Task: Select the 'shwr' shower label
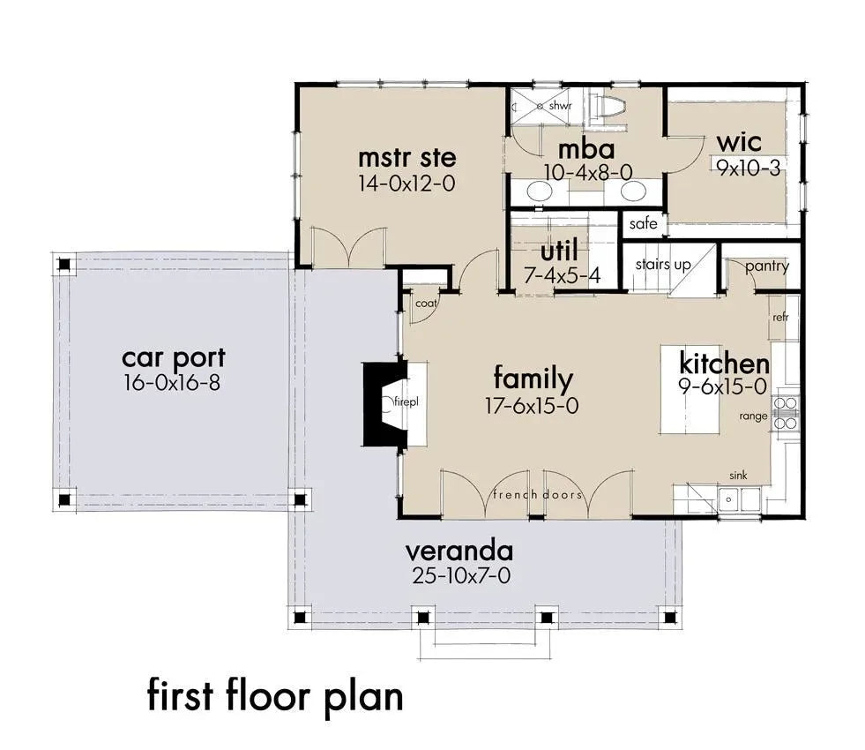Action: (x=561, y=107)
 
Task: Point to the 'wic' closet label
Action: (x=739, y=143)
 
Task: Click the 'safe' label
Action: (x=643, y=224)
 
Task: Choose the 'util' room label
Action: (x=559, y=252)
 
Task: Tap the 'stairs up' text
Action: (x=663, y=265)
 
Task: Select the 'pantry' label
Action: (x=766, y=266)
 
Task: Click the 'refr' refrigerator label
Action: (x=779, y=317)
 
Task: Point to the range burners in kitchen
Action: (x=785, y=413)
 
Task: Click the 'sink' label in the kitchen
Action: (x=738, y=476)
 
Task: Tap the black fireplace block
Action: (x=381, y=402)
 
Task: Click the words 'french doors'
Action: (x=538, y=494)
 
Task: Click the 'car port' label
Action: (x=173, y=358)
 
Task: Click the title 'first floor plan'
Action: (x=275, y=695)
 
